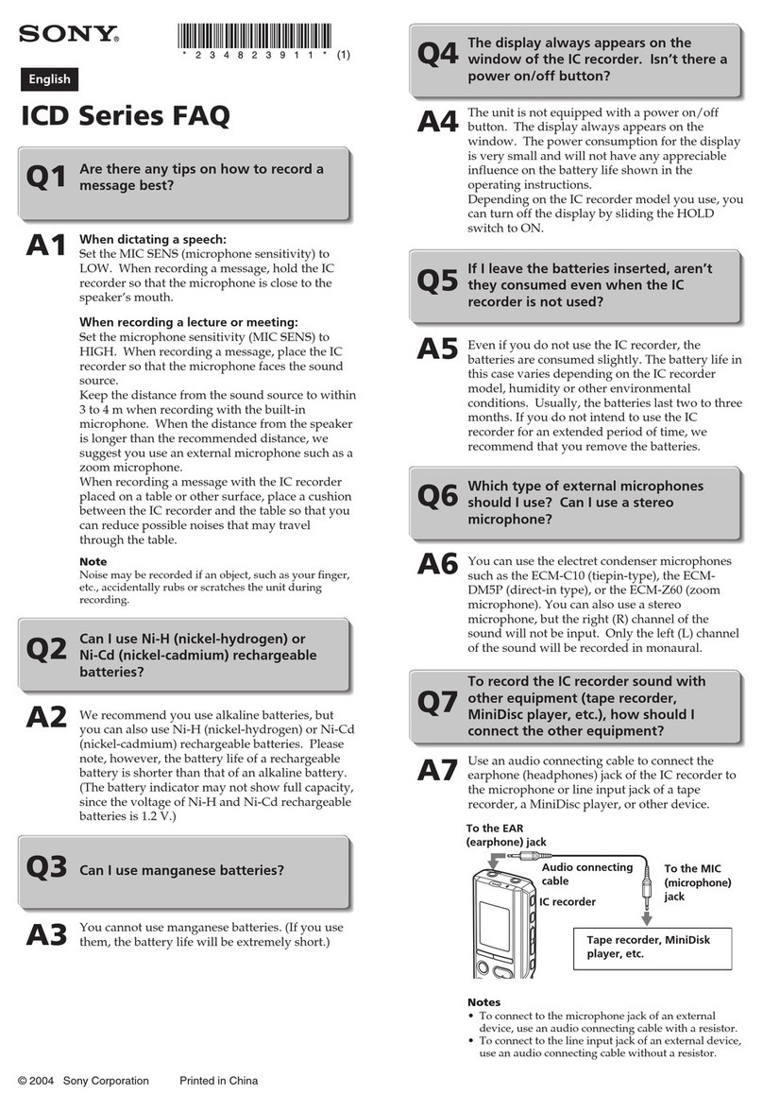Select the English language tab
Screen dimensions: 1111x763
point(47,80)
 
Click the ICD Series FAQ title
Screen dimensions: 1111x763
point(125,118)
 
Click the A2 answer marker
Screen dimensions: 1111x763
point(46,717)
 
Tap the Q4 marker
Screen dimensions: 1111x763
point(437,56)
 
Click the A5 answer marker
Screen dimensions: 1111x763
point(438,350)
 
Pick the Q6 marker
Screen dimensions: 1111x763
point(437,498)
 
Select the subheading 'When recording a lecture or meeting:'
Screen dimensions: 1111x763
point(189,322)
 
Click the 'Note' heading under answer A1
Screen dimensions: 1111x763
point(93,561)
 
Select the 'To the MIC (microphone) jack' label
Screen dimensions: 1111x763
point(698,882)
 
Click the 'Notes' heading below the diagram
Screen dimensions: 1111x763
point(483,1001)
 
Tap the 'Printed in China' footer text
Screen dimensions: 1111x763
point(218,1081)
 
